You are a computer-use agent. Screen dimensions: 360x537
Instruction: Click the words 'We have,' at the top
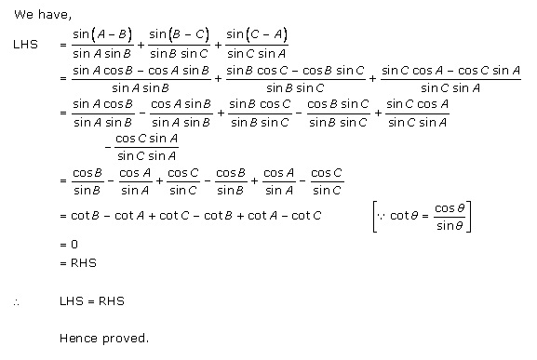click(37, 14)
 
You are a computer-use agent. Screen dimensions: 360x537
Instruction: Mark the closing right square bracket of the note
click(471, 217)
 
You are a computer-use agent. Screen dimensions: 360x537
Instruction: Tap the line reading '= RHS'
click(76, 263)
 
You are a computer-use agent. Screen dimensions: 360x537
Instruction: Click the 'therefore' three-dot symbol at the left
click(17, 302)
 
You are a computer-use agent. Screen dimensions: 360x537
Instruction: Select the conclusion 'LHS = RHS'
click(91, 302)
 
